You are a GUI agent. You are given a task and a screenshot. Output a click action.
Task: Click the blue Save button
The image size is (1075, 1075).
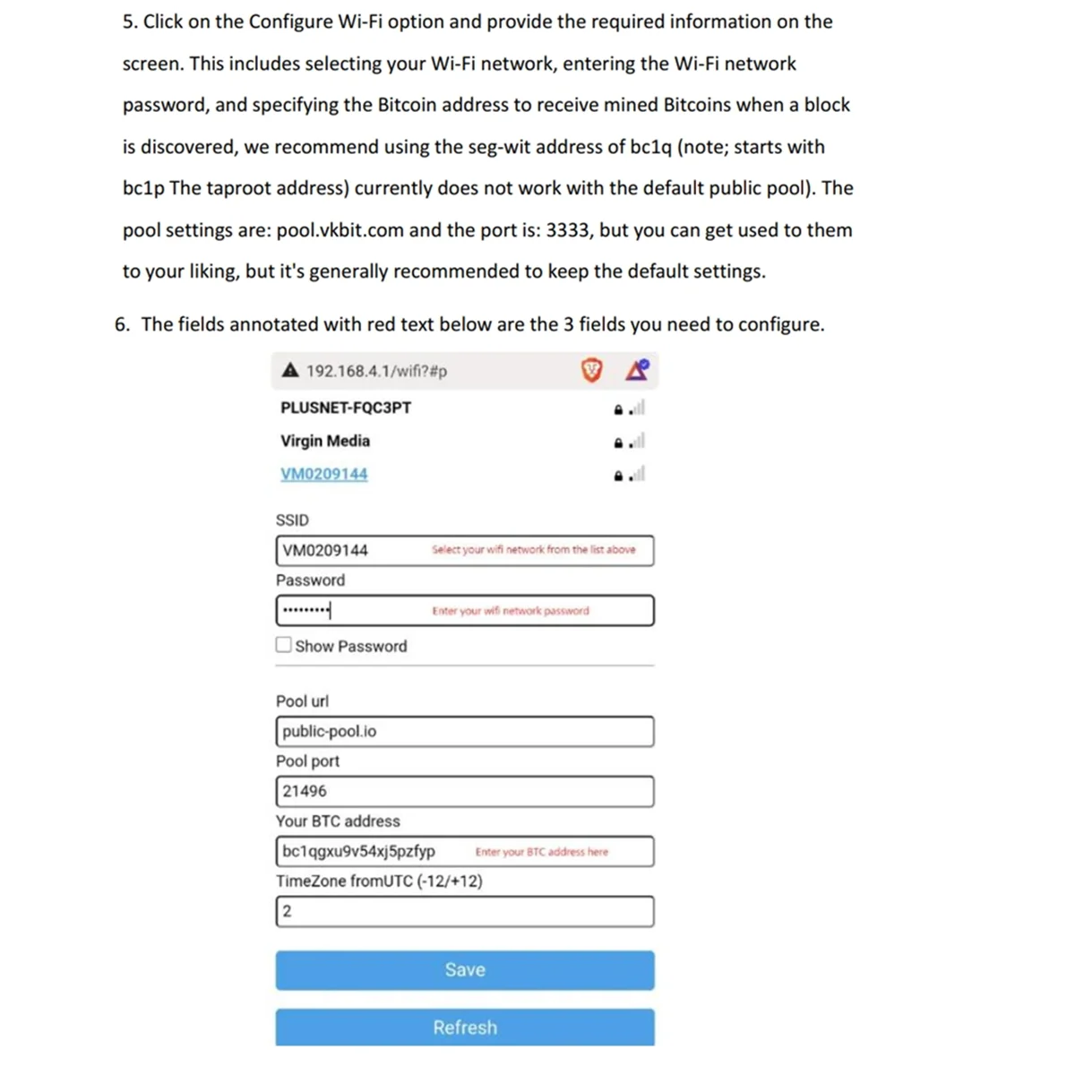(x=464, y=970)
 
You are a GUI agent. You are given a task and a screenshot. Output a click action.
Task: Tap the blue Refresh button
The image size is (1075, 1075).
(x=464, y=1027)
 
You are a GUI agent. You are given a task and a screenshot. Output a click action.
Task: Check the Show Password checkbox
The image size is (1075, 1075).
(x=284, y=645)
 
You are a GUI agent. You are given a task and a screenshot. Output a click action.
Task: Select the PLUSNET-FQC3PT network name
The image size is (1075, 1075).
(x=346, y=408)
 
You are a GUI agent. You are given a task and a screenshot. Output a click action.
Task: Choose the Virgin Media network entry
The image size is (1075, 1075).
(x=324, y=441)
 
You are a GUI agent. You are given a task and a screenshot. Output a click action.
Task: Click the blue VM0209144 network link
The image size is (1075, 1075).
(x=323, y=474)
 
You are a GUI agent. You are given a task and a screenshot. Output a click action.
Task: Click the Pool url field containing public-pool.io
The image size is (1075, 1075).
(x=464, y=731)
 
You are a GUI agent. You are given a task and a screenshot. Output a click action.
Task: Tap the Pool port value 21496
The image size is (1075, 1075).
(x=305, y=791)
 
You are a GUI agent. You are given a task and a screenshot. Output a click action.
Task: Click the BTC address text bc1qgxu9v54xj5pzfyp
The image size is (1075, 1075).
(x=358, y=851)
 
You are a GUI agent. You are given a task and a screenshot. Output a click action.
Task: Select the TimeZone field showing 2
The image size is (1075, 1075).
(x=464, y=911)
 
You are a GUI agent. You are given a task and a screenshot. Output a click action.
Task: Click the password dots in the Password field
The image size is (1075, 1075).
(x=305, y=611)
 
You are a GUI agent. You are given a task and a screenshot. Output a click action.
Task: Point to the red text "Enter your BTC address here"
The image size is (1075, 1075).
(x=541, y=852)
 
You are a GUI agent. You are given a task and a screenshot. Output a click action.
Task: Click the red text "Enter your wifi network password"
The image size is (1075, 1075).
(x=511, y=611)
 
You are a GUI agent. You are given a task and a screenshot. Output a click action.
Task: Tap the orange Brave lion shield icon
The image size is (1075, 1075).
(x=591, y=370)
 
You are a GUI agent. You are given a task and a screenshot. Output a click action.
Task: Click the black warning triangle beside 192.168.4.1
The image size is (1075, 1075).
(x=289, y=370)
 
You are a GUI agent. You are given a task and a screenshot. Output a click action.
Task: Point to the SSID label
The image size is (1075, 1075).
(x=292, y=520)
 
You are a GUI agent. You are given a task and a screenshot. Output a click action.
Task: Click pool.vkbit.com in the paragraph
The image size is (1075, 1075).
(x=340, y=230)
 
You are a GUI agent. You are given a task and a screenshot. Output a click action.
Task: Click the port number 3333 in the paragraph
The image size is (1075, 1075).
(x=568, y=230)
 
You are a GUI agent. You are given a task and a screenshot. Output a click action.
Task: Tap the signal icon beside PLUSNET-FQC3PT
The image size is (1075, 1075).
(x=636, y=408)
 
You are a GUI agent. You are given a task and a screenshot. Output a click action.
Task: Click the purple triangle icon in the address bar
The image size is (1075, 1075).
(x=637, y=369)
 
